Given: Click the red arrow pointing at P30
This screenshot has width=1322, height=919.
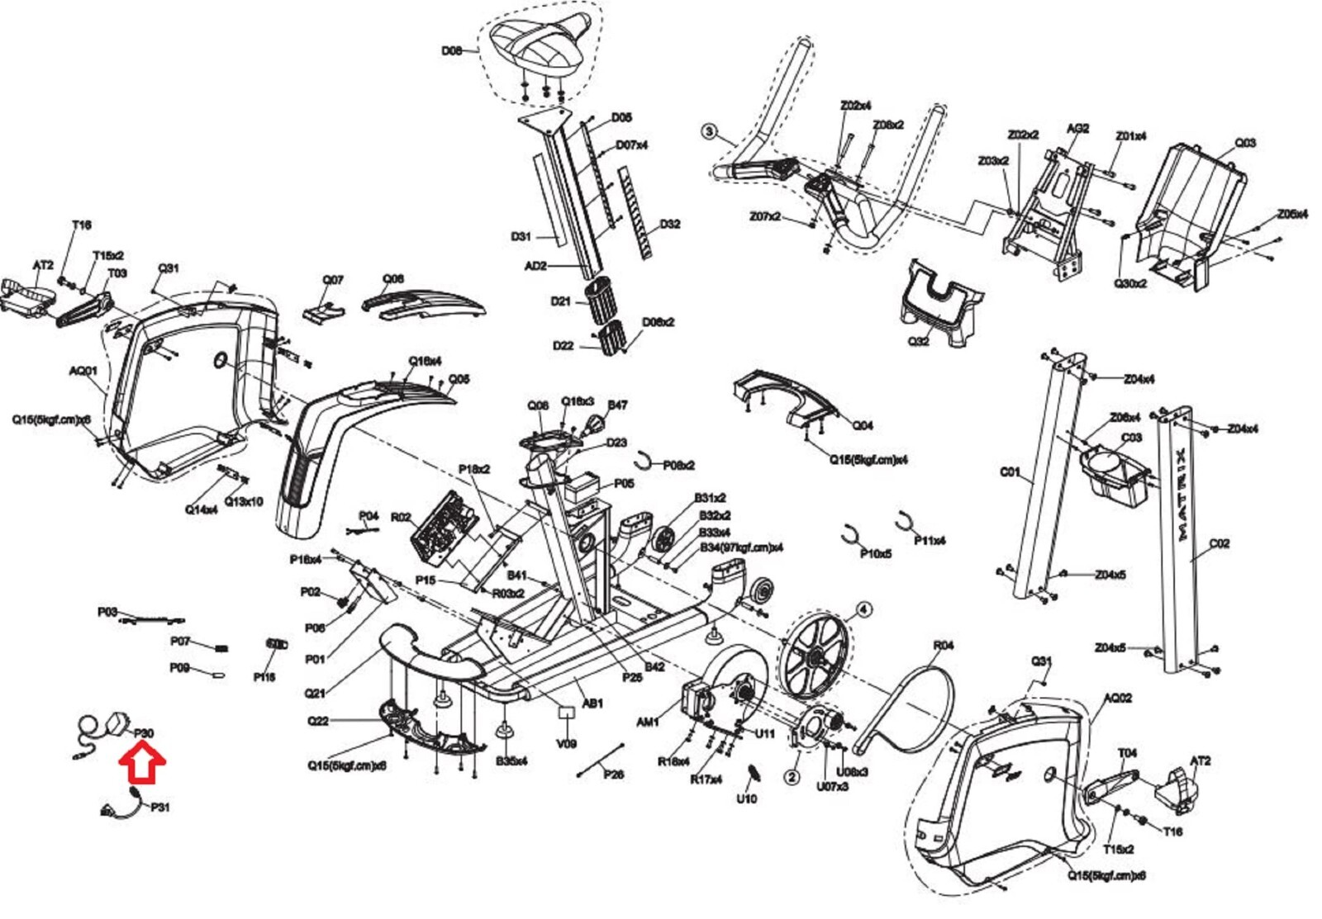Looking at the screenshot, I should click(143, 762).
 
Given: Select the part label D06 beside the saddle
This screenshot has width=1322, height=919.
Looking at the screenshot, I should click(451, 51).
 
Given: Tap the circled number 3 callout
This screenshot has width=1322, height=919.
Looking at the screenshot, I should click(709, 131).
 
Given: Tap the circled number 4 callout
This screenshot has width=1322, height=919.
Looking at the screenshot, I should click(863, 609).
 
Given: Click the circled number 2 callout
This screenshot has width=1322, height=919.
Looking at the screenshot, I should click(792, 777).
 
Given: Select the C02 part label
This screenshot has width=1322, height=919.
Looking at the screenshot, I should click(1220, 543).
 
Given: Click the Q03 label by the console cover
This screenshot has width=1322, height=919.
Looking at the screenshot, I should click(1245, 143).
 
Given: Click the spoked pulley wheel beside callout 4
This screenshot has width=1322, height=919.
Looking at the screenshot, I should click(815, 657).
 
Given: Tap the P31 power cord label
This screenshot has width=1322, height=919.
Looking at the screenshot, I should click(160, 807).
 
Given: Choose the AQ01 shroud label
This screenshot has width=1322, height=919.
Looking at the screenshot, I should click(83, 371).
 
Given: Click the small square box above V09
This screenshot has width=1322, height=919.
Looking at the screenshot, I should click(566, 711).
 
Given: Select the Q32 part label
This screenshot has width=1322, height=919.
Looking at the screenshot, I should click(919, 340).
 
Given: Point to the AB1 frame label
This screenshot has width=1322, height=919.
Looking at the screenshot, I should click(592, 703).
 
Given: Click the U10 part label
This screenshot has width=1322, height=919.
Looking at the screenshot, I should click(746, 798).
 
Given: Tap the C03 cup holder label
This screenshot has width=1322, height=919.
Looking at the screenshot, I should click(1131, 438).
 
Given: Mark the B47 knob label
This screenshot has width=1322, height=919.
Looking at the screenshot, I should click(617, 405).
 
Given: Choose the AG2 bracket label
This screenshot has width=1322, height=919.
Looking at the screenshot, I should click(1077, 129).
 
